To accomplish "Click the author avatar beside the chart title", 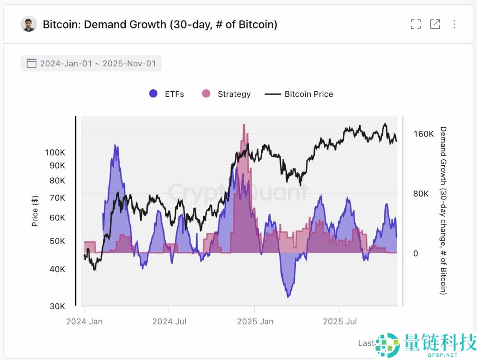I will pos(29,24).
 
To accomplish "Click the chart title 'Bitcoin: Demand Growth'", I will pos(160,24).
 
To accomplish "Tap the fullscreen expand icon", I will pos(416,24).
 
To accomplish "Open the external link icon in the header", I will pos(435,24).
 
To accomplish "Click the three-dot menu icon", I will pos(454,24).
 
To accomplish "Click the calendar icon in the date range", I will pos(31,63).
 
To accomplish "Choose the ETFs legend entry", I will pos(166,94).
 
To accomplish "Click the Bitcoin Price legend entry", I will pos(299,94).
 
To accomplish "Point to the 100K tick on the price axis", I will pos(55,152).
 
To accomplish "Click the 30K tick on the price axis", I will pos(57,306).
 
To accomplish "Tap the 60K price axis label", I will pos(57,217).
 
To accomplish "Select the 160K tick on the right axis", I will pos(423,134).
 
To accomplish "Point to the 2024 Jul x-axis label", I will pos(169,321).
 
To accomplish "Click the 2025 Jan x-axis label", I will pos(254,321).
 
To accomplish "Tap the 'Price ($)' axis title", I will pos(35,211).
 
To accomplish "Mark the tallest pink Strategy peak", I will pos(244,126).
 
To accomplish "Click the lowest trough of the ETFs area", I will pos(289,296).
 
